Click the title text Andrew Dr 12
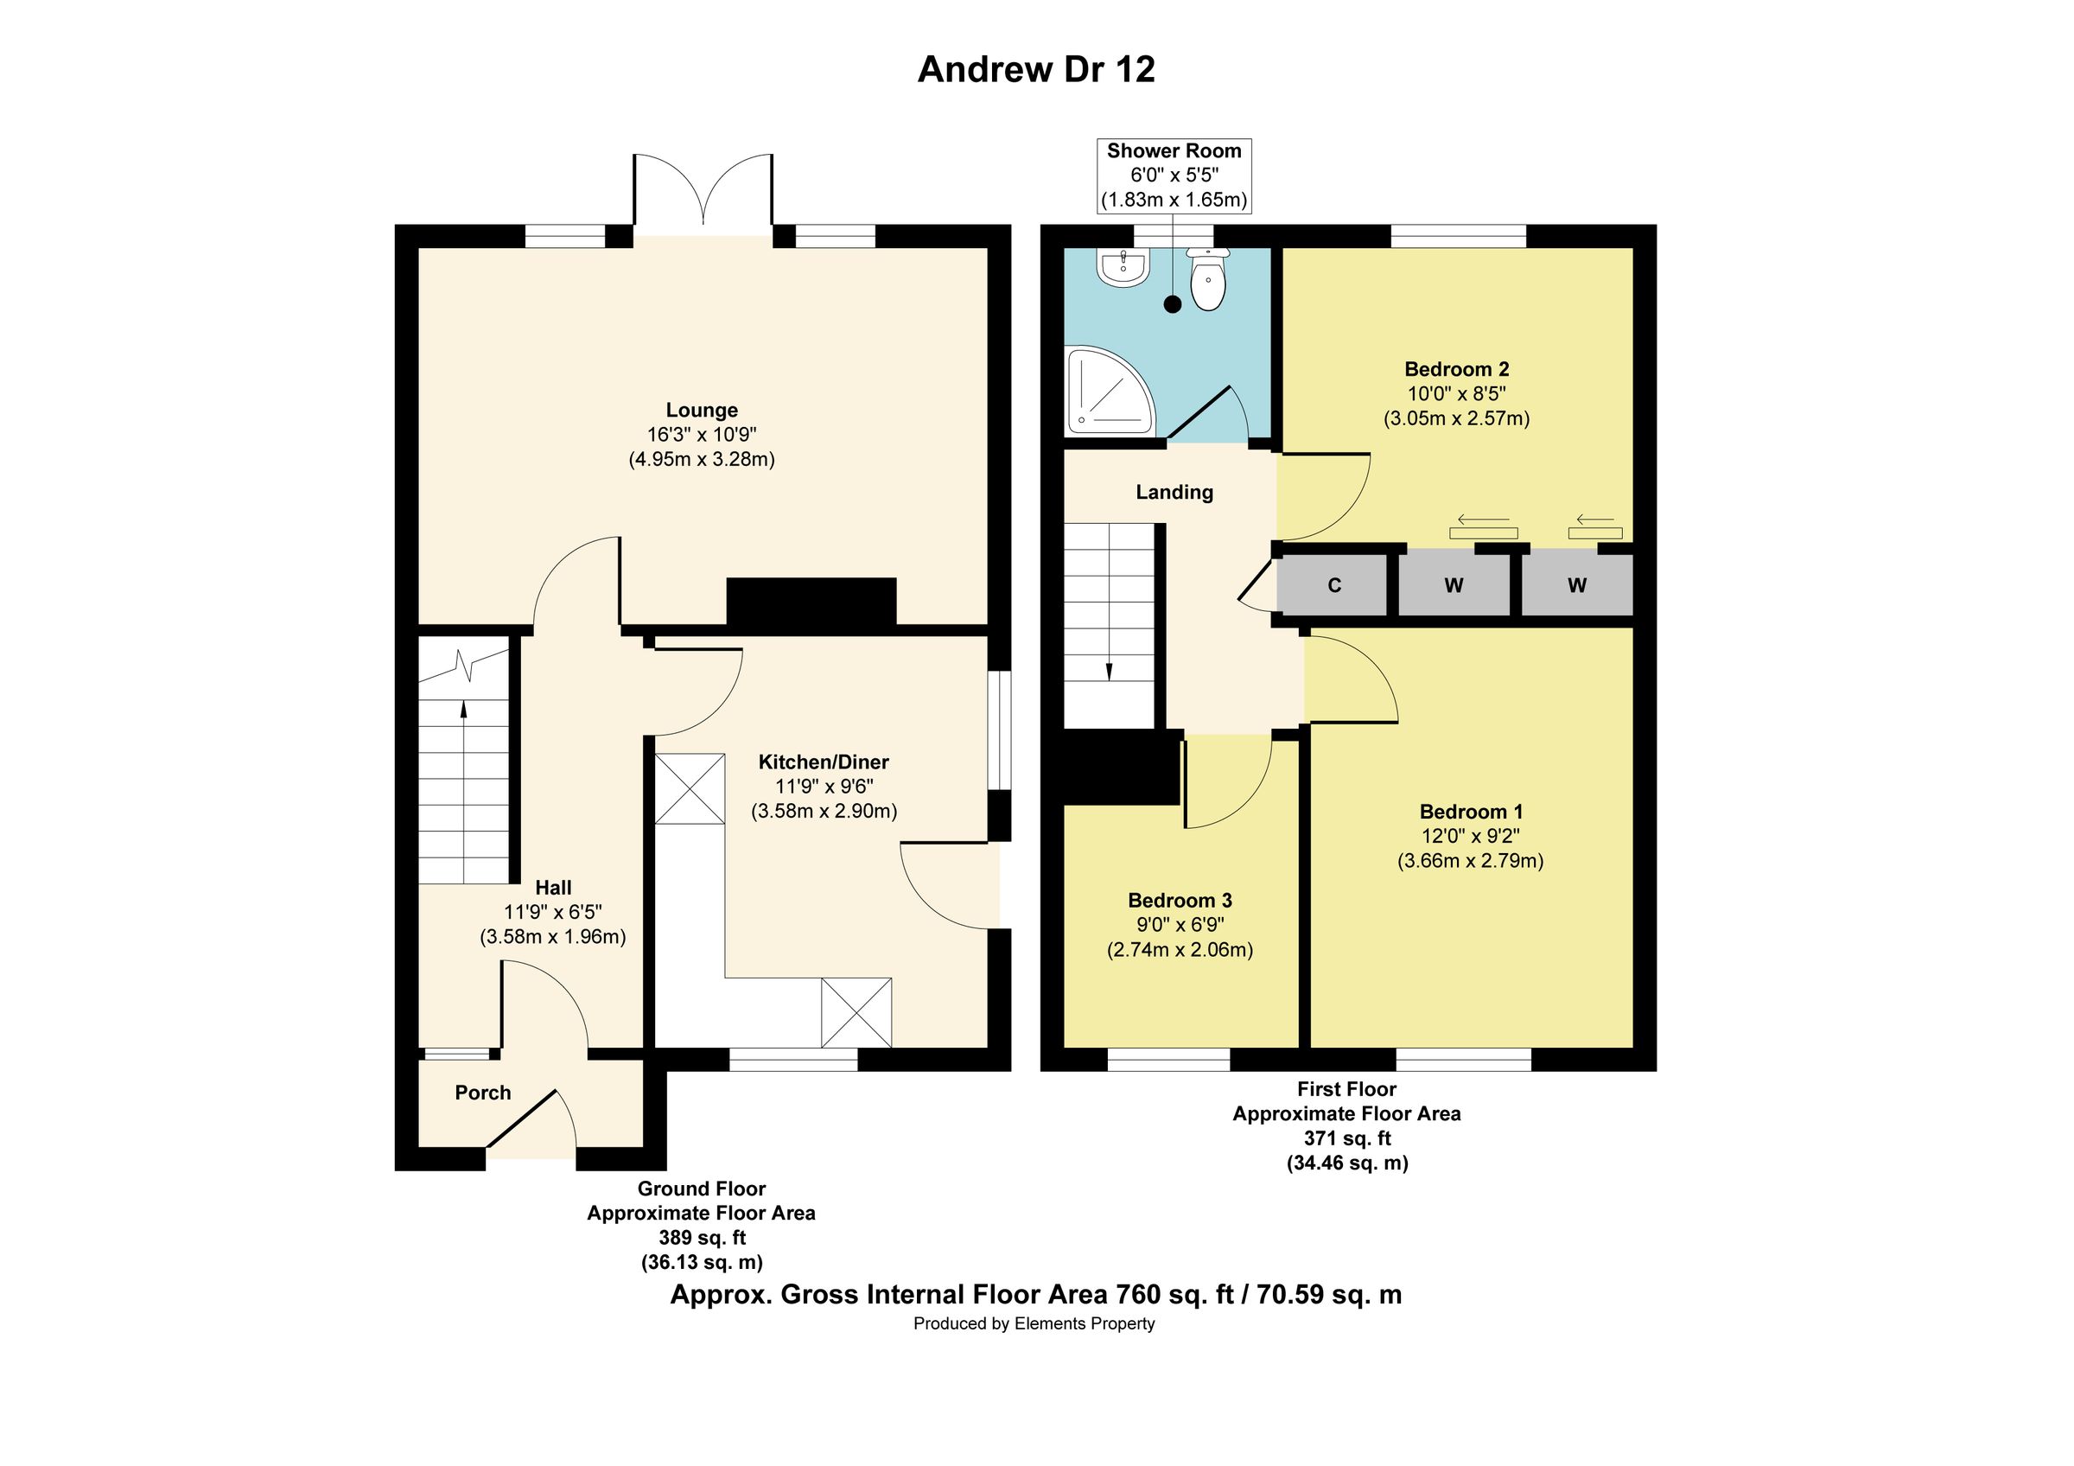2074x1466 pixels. click(1036, 69)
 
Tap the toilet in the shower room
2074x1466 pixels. click(1208, 281)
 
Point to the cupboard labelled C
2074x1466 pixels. click(1334, 585)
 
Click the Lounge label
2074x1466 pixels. click(702, 410)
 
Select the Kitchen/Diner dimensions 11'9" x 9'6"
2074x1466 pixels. click(824, 787)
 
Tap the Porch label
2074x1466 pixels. click(482, 1093)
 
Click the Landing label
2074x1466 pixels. click(1174, 493)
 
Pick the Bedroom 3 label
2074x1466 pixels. click(1180, 901)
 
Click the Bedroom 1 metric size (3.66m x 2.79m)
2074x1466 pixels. click(1471, 861)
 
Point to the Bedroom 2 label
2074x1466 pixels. click(1456, 368)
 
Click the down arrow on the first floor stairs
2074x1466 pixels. click(1110, 669)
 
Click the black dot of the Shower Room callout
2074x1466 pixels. click(1173, 304)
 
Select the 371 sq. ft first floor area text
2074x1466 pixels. click(1347, 1138)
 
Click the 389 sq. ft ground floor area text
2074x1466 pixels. click(702, 1238)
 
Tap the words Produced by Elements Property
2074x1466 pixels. click(1034, 1324)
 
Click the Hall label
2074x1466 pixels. click(553, 888)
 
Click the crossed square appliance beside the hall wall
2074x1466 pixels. click(690, 788)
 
